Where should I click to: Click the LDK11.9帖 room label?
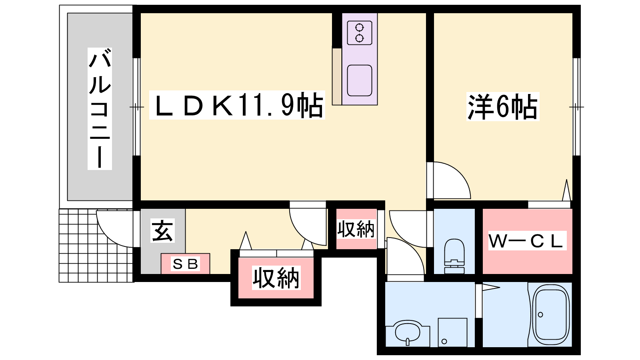237,105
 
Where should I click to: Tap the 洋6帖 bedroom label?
502,106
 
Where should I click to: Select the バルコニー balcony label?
100,108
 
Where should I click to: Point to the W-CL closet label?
527,240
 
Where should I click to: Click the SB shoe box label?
186,264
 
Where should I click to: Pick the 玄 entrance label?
162,231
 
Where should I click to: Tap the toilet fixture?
454,256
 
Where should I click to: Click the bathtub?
550,314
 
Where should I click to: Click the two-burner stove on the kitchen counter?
360,33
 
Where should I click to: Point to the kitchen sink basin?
360,80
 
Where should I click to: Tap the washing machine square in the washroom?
452,332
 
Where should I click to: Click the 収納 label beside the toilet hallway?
356,229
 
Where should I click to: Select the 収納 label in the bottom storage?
276,278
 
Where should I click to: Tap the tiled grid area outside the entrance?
96,246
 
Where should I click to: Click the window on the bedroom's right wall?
576,107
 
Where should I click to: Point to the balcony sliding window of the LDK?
136,107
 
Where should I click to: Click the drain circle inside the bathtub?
540,314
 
